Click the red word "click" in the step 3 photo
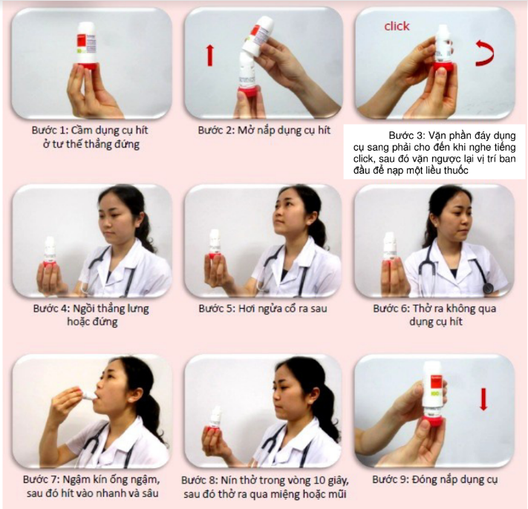pyautogui.click(x=397, y=26)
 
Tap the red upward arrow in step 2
pyautogui.click(x=210, y=56)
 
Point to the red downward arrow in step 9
pyautogui.click(x=483, y=399)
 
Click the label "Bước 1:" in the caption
pyautogui.click(x=50, y=130)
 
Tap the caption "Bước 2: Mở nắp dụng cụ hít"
pyautogui.click(x=264, y=130)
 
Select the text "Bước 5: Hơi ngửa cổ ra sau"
pyautogui.click(x=263, y=308)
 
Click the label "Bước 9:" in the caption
pyautogui.click(x=391, y=479)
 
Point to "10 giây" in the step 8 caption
pyautogui.click(x=330, y=480)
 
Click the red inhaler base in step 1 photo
pyautogui.click(x=87, y=65)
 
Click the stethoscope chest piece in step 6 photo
pyautogui.click(x=488, y=288)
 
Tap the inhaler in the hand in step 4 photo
pyautogui.click(x=49, y=252)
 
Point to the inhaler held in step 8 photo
pyautogui.click(x=214, y=419)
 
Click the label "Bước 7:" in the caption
pyautogui.click(x=42, y=479)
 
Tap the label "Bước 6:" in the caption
pyautogui.click(x=391, y=308)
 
